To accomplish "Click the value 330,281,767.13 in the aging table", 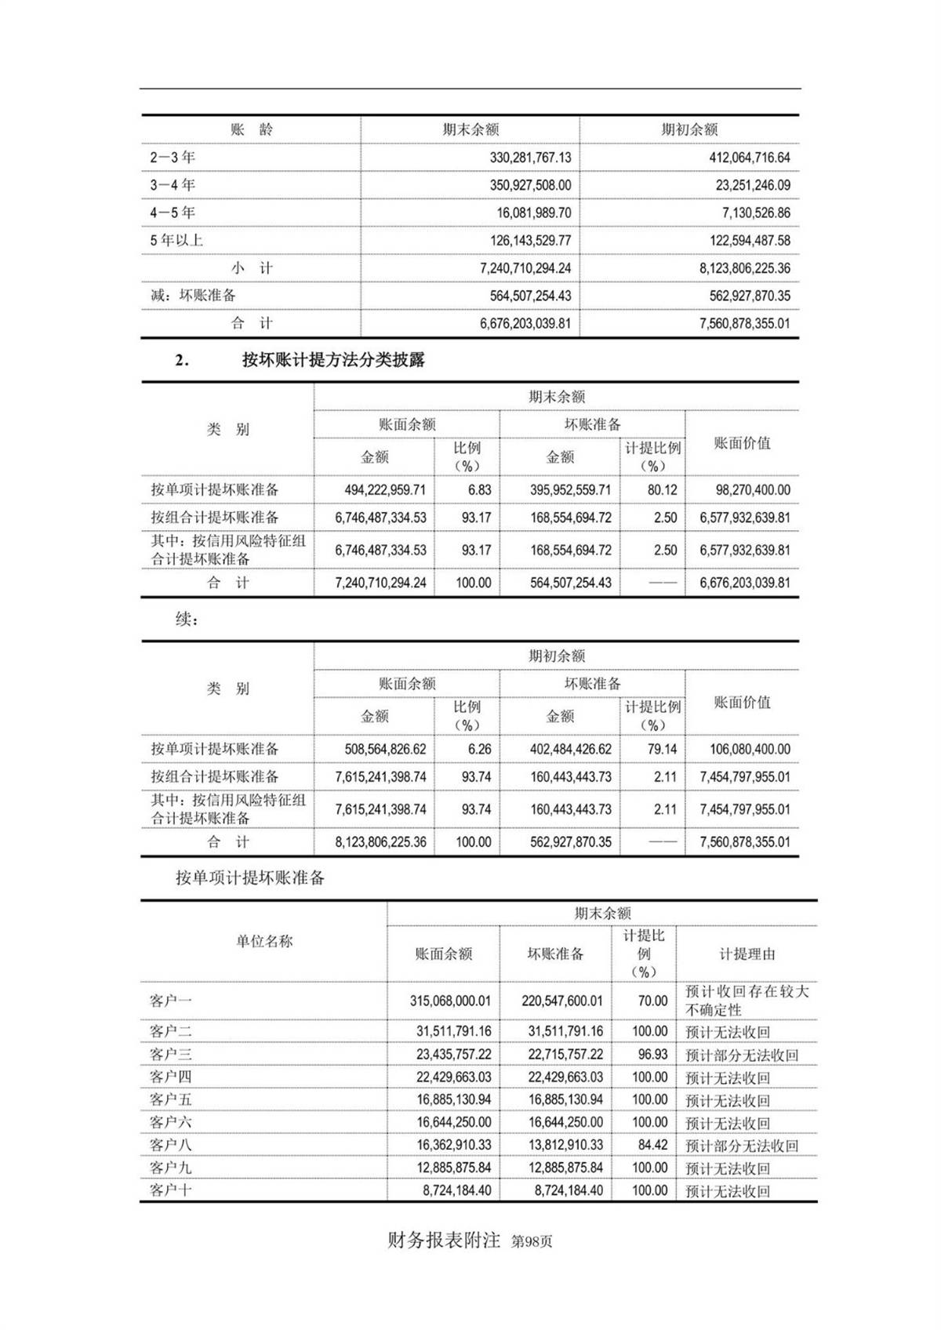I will click(x=530, y=158).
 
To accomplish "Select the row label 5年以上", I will click(x=176, y=241).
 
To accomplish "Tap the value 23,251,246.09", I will click(x=750, y=186).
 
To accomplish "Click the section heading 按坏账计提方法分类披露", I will click(x=333, y=360).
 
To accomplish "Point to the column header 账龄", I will click(x=251, y=130).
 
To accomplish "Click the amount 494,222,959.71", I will click(x=385, y=490).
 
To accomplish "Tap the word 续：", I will click(x=187, y=620).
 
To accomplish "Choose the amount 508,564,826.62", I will click(x=385, y=750).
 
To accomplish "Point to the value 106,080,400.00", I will click(x=750, y=750).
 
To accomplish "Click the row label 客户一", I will click(x=171, y=1001).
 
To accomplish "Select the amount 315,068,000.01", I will click(x=450, y=1001).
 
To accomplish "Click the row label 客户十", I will click(x=171, y=1190).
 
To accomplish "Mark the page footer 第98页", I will click(x=532, y=1242).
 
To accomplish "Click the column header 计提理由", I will click(x=747, y=954).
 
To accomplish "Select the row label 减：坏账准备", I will click(x=193, y=296).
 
